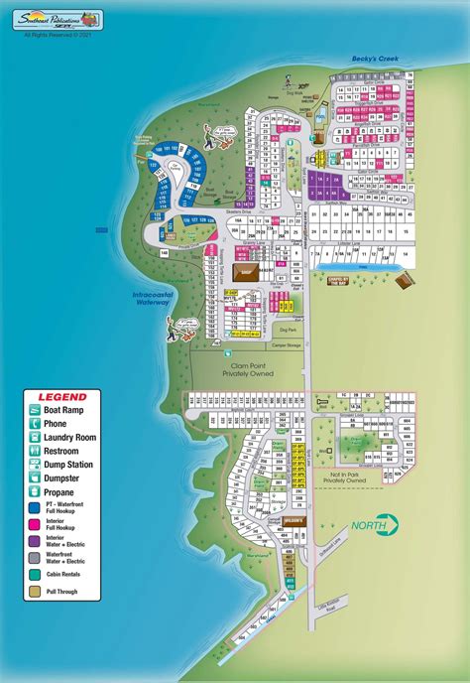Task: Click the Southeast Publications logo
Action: tap(61, 18)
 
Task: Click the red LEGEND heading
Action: tap(57, 397)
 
